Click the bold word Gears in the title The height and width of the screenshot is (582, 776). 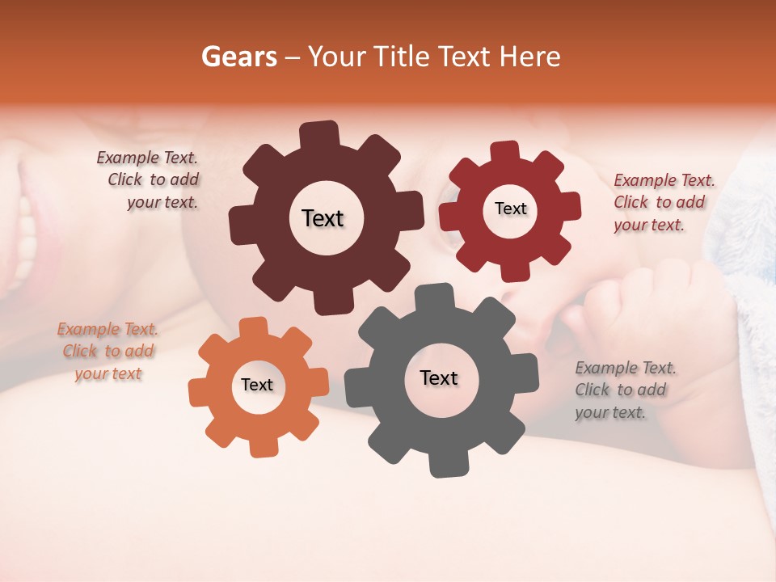(x=238, y=57)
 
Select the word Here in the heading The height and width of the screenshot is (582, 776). (x=530, y=57)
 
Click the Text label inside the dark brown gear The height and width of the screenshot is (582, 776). (x=323, y=218)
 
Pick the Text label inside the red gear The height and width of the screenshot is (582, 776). (x=510, y=209)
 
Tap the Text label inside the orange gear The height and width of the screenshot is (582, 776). (x=257, y=386)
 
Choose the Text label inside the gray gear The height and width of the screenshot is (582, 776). (x=439, y=378)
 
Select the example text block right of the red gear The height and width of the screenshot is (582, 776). (x=664, y=203)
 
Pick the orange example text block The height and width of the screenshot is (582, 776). (x=108, y=352)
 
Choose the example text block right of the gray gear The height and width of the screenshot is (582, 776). (x=625, y=390)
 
